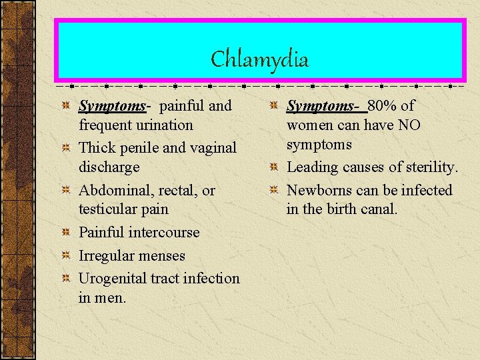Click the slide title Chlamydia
[x=259, y=59]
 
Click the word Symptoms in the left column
[x=105, y=105]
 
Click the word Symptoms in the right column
[x=313, y=105]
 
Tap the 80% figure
[x=384, y=105]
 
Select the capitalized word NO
[x=409, y=125]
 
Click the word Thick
[x=97, y=147]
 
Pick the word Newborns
[x=319, y=190]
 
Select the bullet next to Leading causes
[x=273, y=167]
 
